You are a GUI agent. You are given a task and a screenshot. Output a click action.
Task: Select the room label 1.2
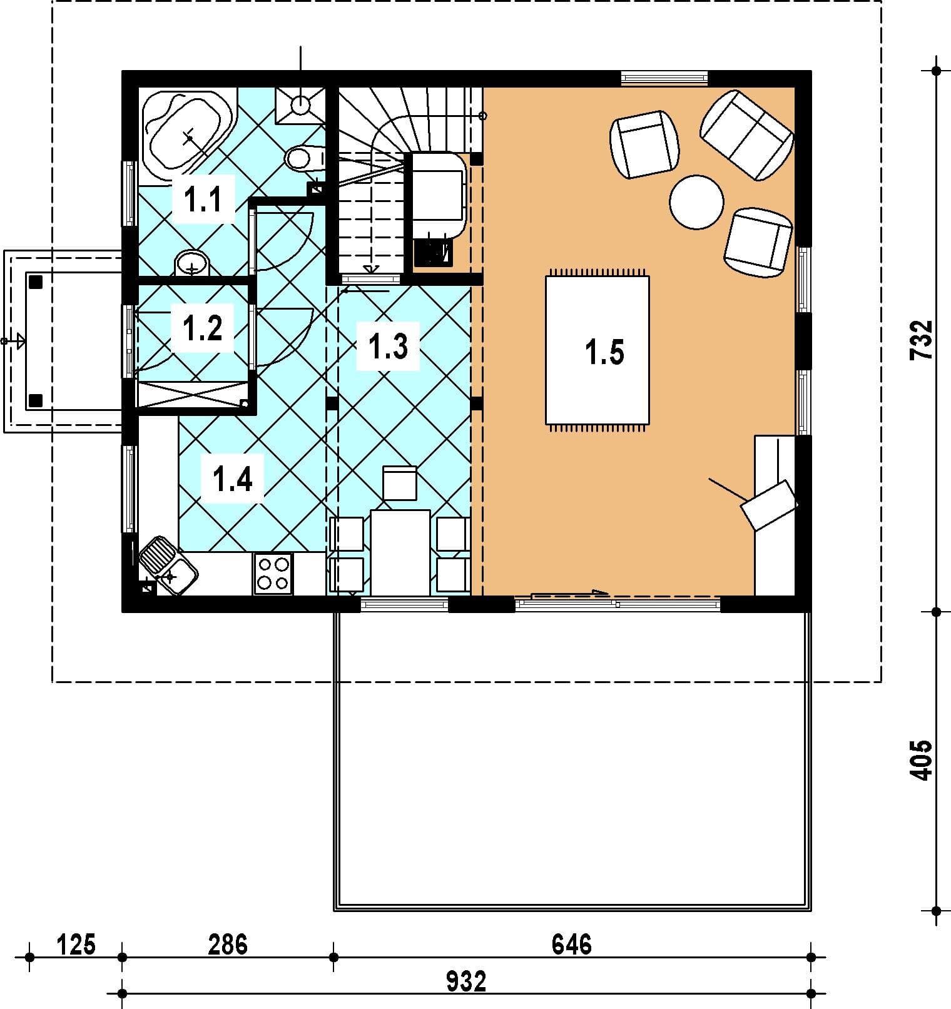(202, 328)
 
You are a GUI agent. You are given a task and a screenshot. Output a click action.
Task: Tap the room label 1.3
(389, 347)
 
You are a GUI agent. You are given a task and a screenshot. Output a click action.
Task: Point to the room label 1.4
(232, 479)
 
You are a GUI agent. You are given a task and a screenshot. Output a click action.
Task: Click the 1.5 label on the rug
(605, 353)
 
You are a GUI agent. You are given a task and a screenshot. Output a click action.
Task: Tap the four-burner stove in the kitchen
(273, 574)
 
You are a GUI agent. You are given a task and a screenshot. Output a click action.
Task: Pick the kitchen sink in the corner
(167, 565)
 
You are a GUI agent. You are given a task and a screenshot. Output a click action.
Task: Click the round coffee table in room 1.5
(696, 202)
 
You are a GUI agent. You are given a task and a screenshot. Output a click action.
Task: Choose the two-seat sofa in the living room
(747, 135)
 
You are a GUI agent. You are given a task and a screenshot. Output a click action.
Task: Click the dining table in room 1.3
(400, 553)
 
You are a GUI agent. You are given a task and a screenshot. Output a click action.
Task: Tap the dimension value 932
(466, 981)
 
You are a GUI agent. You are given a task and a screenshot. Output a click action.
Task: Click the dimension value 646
(571, 944)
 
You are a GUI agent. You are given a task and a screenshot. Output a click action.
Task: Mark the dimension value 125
(76, 944)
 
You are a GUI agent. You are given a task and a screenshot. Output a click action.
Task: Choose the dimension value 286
(228, 944)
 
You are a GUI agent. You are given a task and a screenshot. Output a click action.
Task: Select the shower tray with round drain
(301, 102)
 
